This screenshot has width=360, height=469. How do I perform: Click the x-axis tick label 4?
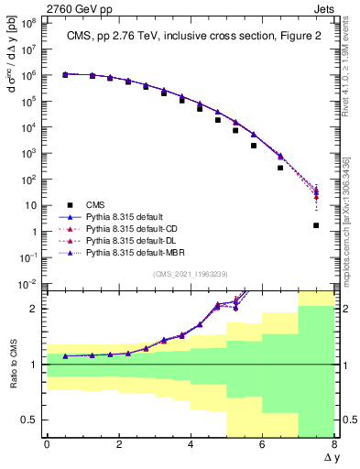(x=191, y=445)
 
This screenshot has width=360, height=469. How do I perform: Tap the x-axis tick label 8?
(x=334, y=445)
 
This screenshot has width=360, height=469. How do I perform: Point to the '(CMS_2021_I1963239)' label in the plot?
(x=191, y=274)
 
